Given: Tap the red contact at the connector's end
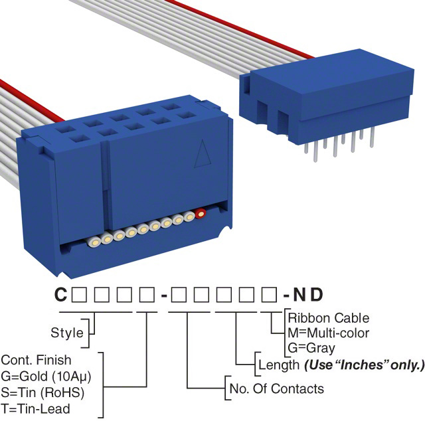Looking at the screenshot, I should coord(200,214).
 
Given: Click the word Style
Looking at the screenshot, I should coord(67,333).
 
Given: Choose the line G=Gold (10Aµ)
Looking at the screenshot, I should coord(50,376).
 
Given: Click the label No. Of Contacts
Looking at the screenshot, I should coord(276,388).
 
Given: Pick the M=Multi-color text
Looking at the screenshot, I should coord(328,333).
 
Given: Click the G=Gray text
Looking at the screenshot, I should coord(311,347).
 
